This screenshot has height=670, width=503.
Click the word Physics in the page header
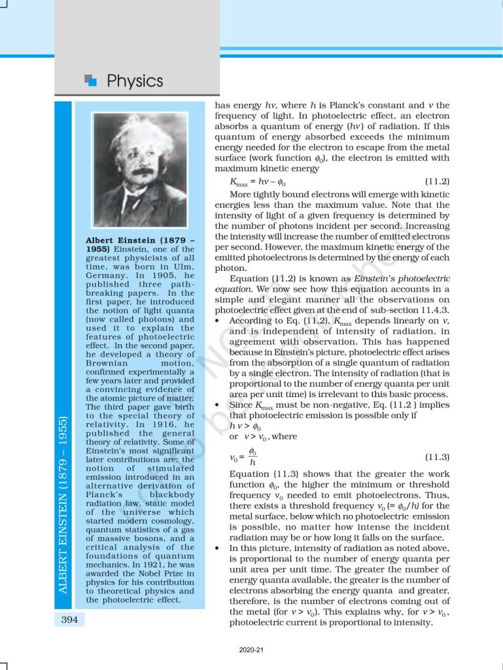[x=135, y=81]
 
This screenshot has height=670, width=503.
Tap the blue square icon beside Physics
[x=91, y=80]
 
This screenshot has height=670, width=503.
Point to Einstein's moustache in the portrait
[x=141, y=171]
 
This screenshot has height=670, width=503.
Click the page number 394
[x=69, y=618]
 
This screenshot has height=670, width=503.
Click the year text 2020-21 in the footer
[x=251, y=650]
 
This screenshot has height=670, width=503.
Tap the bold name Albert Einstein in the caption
[x=117, y=240]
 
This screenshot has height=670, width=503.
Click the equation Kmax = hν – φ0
[x=258, y=182]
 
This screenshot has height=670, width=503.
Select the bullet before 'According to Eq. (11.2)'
[x=217, y=321]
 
